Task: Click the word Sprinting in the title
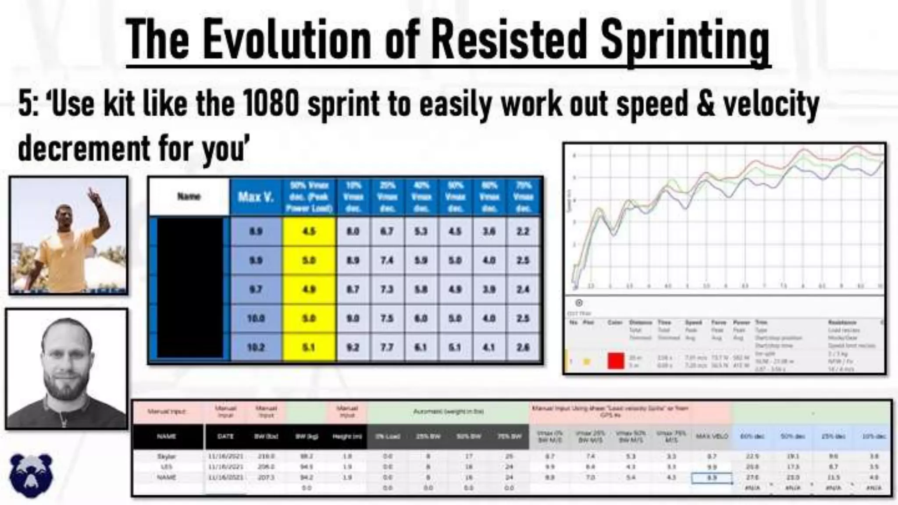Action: point(685,40)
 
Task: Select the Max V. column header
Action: point(256,197)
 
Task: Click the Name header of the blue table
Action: point(189,196)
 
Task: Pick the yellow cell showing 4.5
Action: point(309,231)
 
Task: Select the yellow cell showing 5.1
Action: point(309,347)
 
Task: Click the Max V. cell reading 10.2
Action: point(256,347)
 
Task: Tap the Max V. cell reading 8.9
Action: point(256,231)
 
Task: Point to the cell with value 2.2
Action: point(523,231)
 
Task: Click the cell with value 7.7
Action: point(387,347)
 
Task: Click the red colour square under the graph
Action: point(616,361)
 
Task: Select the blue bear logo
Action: point(31,475)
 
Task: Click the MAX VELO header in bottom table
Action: point(711,436)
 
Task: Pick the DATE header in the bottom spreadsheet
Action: point(225,436)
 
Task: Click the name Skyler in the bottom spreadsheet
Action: point(166,456)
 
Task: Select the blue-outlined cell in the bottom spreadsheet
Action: point(711,477)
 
